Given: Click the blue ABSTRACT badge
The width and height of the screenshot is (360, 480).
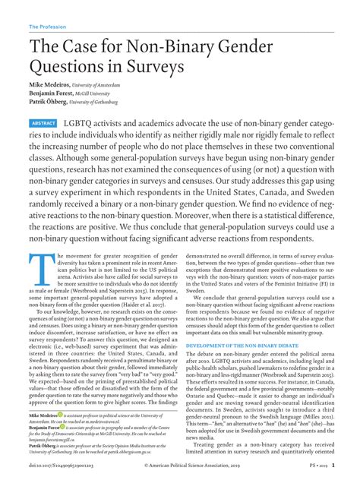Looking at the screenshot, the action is (x=42, y=123).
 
